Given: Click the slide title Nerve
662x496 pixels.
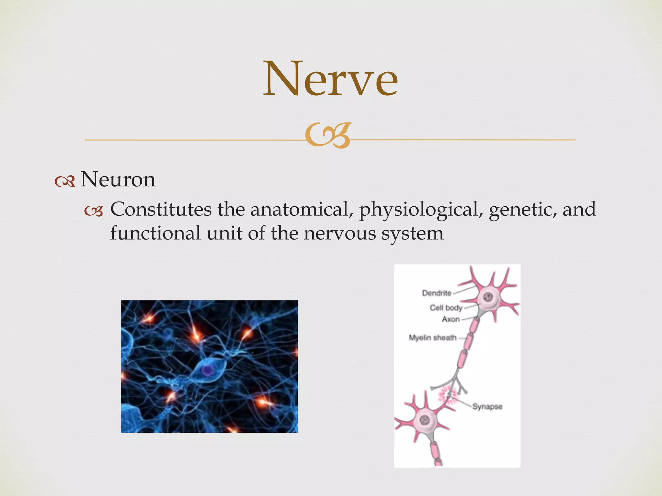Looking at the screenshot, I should [x=330, y=79].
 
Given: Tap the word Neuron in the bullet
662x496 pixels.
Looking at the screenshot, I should [x=118, y=180].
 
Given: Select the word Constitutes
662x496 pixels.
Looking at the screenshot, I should [x=161, y=209].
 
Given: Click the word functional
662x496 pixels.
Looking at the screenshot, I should [x=155, y=233].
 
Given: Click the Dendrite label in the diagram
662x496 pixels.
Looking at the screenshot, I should [x=437, y=293].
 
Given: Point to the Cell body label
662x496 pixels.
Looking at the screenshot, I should [x=446, y=308].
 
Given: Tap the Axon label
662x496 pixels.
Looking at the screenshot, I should [x=451, y=319].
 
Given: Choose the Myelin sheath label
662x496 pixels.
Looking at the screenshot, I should [x=432, y=338].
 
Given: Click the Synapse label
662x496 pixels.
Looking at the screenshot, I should [x=487, y=407].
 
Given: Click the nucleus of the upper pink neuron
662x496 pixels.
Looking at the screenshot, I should [x=489, y=297].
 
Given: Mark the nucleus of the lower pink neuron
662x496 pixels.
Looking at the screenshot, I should [x=424, y=420].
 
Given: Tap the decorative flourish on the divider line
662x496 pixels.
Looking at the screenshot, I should [x=328, y=136].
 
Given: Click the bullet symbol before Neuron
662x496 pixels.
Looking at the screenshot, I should [x=65, y=182].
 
